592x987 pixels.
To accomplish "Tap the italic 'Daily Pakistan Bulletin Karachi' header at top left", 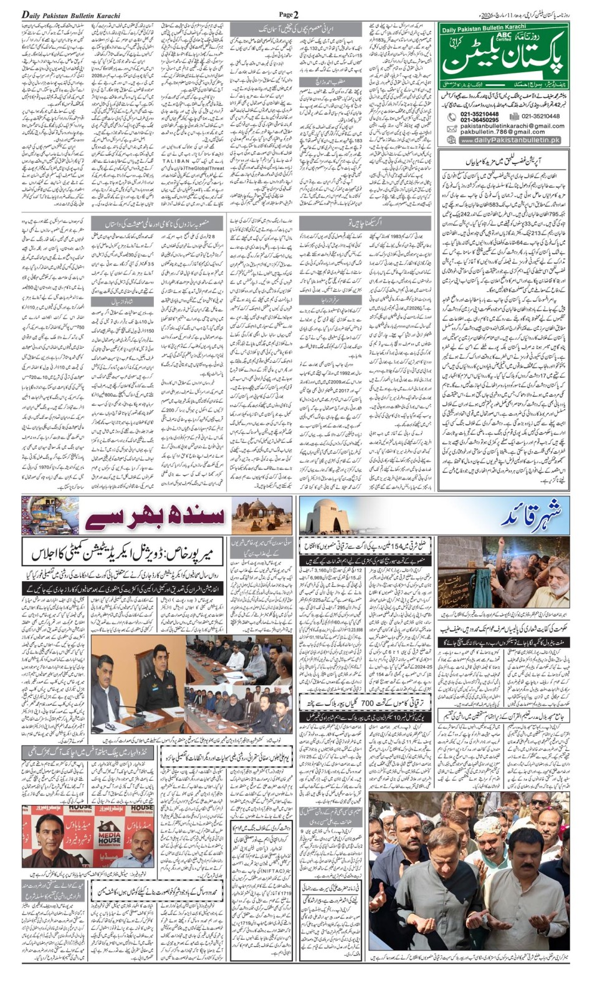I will [71, 15].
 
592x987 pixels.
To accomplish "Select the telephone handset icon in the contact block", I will [452, 117].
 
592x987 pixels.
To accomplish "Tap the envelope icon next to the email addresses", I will [452, 128].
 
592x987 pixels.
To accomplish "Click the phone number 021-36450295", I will [479, 120].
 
